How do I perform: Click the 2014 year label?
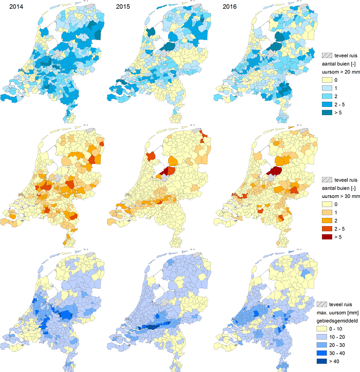pos(10,7)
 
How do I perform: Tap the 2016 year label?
pos(229,7)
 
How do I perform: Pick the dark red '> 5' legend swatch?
pos(326,238)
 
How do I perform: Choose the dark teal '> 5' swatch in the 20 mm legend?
pos(326,114)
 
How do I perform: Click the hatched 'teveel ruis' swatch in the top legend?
pos(326,55)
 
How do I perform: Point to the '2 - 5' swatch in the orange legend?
pos(326,230)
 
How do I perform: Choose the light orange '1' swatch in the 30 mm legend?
pos(326,213)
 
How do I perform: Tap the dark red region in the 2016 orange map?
pos(275,171)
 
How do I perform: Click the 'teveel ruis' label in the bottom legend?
pos(345,304)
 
